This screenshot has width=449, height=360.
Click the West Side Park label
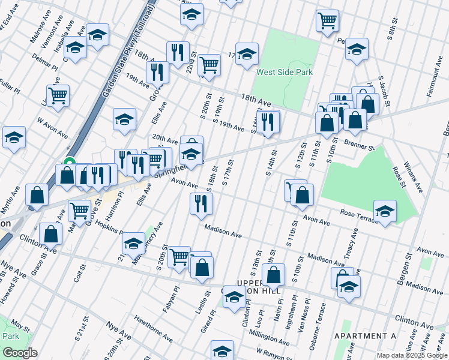pos(285,72)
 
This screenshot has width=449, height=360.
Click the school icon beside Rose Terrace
pos(385,212)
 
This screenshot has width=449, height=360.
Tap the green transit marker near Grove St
pos(69,162)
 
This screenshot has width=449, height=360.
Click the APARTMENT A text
pos(365,336)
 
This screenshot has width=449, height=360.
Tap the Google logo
pos(20,353)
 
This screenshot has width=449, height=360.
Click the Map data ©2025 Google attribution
pos(411,355)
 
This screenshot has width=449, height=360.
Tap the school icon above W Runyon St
pos(222,349)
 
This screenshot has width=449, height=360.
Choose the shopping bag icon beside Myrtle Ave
pos(37,196)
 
